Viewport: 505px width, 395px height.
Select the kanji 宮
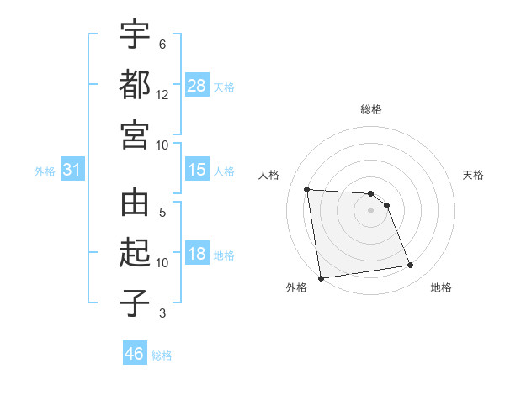135,134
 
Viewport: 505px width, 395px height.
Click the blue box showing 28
197,86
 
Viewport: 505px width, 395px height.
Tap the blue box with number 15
197,170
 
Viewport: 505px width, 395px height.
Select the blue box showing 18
197,255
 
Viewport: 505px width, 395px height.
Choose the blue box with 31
72,171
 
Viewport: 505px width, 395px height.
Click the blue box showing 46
135,354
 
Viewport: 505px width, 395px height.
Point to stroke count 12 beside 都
162,95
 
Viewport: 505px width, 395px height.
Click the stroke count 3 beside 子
162,313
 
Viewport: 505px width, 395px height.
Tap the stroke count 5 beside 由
162,213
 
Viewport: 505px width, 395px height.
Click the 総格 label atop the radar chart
371,109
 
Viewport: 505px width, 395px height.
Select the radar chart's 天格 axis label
474,175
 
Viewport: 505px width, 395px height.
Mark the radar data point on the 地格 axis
411,266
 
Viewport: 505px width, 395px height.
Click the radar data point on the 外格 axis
321,278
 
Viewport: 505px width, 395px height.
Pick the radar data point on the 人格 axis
307,189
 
